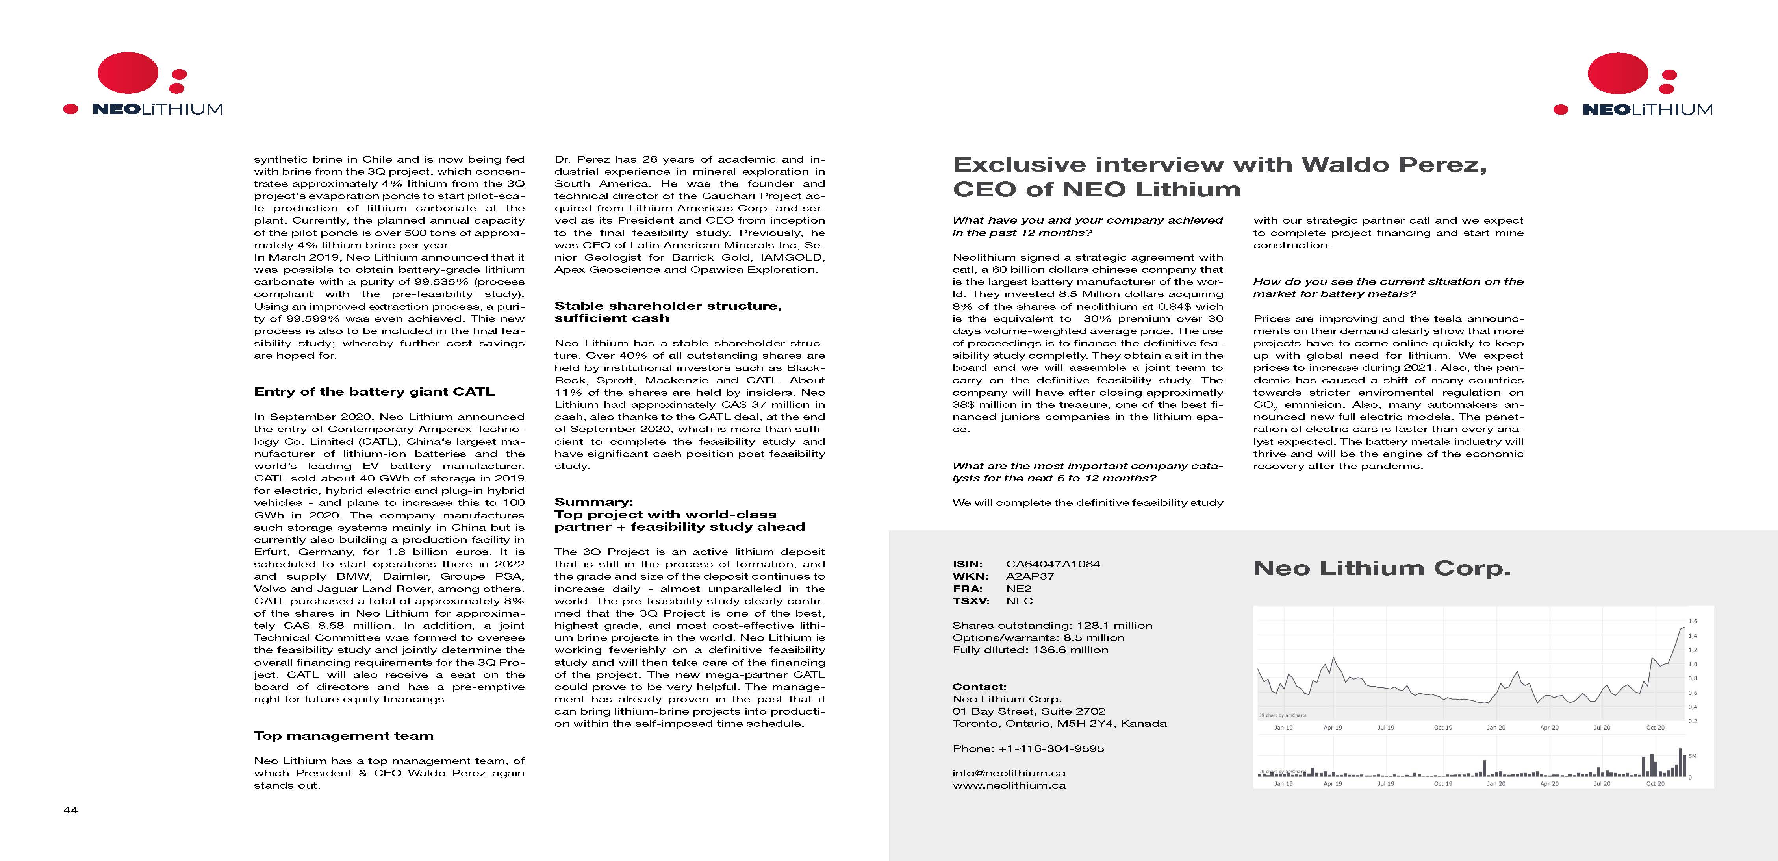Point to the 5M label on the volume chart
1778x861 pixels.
1693,756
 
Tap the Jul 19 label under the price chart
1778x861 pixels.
1385,727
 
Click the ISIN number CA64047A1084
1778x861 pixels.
1053,564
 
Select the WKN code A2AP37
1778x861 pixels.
1030,576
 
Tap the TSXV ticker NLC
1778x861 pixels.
1020,601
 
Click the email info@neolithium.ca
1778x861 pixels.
1009,773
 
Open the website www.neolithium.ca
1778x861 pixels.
1009,785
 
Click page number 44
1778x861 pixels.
70,810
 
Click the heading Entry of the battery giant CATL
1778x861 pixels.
374,392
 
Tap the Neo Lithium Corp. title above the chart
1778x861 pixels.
1382,568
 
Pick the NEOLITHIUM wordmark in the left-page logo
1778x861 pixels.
158,109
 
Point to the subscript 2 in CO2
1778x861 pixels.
1275,409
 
